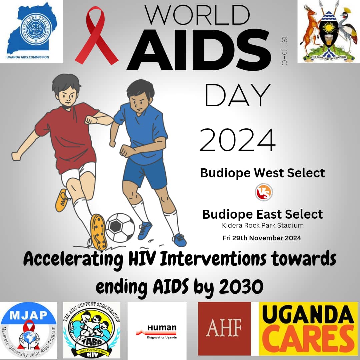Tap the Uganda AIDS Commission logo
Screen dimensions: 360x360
tap(31, 31)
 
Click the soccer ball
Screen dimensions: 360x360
tap(120, 228)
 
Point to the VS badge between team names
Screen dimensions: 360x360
tap(264, 192)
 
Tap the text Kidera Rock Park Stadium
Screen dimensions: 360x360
tap(263, 225)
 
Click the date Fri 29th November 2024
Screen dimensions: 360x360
tap(262, 238)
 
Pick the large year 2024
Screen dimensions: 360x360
tap(238, 140)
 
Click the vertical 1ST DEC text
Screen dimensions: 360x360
tap(284, 50)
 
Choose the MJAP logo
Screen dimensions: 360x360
tap(29, 330)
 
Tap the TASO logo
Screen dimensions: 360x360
tap(91, 330)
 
